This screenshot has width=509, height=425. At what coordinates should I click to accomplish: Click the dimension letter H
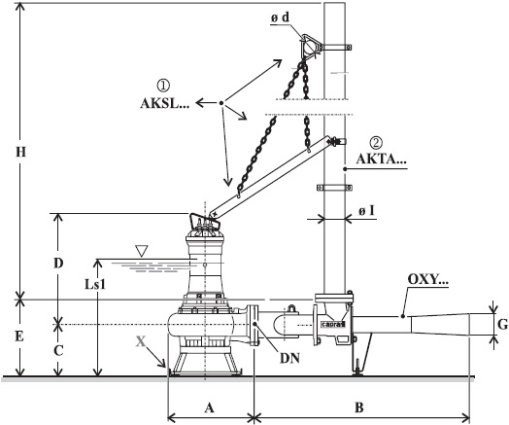pyautogui.click(x=20, y=152)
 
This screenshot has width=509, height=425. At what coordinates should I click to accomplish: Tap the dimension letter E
pyautogui.click(x=19, y=336)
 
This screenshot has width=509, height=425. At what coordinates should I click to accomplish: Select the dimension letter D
pyautogui.click(x=58, y=264)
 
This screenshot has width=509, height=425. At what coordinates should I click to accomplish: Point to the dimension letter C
pyautogui.click(x=58, y=351)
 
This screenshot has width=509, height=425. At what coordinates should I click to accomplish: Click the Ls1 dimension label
pyautogui.click(x=95, y=285)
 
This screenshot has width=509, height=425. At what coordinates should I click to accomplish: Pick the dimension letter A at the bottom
pyautogui.click(x=210, y=407)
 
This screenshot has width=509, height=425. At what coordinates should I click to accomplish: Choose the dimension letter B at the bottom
pyautogui.click(x=359, y=407)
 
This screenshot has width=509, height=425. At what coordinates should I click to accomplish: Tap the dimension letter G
pyautogui.click(x=502, y=324)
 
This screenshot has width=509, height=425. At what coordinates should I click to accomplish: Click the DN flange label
pyautogui.click(x=289, y=359)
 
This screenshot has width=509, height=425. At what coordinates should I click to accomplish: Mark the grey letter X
pyautogui.click(x=141, y=341)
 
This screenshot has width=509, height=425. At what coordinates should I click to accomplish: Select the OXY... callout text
pyautogui.click(x=427, y=280)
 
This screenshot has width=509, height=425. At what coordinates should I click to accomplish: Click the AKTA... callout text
pyautogui.click(x=381, y=159)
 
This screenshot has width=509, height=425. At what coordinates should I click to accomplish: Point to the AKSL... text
pyautogui.click(x=164, y=103)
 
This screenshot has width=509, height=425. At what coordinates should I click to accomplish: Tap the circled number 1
pyautogui.click(x=163, y=86)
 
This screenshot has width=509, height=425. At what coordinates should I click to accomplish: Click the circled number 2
pyautogui.click(x=377, y=142)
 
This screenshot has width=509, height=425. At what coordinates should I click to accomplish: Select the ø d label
pyautogui.click(x=280, y=18)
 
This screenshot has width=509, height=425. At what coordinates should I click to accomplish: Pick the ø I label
pyautogui.click(x=366, y=211)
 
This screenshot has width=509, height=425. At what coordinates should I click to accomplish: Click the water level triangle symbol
pyautogui.click(x=142, y=251)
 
